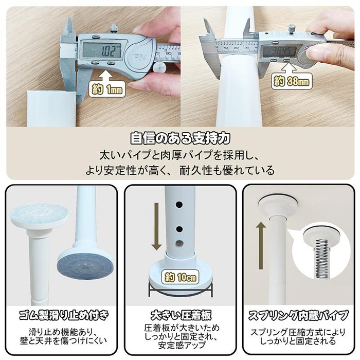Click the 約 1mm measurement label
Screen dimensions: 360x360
[106, 88]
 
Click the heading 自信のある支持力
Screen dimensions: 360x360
[179, 138]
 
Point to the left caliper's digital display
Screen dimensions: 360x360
[102, 50]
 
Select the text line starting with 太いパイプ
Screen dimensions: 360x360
[179, 154]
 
